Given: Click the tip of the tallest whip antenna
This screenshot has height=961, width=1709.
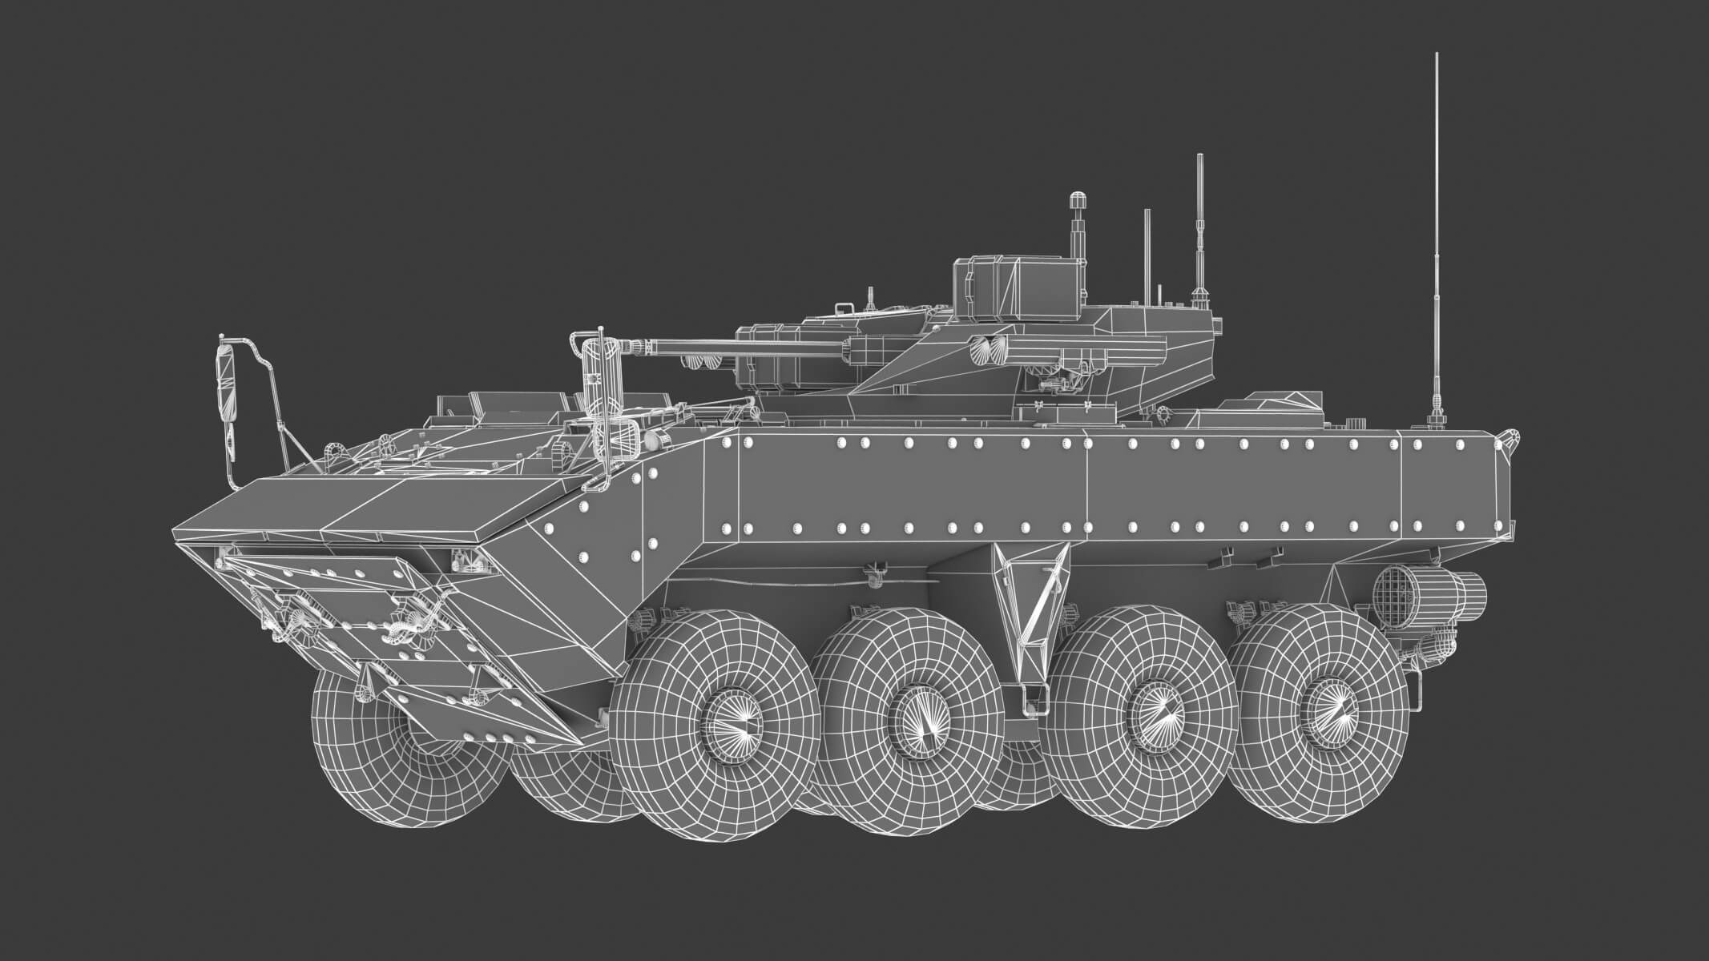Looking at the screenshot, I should pyautogui.click(x=1435, y=55).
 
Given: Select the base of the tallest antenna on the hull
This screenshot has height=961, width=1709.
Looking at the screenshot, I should pyautogui.click(x=1435, y=420).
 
